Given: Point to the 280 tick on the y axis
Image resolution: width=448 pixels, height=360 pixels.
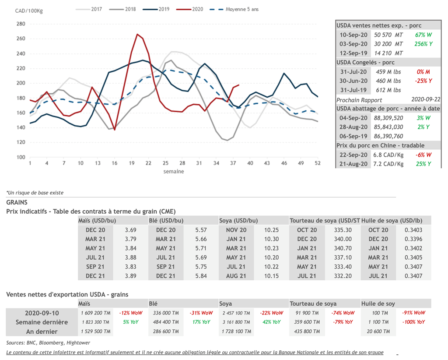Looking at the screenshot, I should (x=21, y=24).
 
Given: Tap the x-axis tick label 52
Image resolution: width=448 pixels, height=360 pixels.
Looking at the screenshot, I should (x=318, y=163).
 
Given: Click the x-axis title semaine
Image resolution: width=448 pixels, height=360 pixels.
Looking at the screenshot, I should (x=174, y=171).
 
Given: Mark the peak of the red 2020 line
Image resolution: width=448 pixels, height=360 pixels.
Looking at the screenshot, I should (x=137, y=34).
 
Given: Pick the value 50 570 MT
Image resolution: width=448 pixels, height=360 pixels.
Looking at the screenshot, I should (x=388, y=34).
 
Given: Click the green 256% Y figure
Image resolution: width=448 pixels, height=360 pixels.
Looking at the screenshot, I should (x=423, y=44).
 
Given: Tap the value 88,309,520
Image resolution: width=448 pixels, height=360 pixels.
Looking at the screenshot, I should (x=388, y=118).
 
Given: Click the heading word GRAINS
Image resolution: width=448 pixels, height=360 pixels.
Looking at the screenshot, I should (x=17, y=202).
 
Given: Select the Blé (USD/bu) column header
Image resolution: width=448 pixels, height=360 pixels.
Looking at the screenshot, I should (x=166, y=220).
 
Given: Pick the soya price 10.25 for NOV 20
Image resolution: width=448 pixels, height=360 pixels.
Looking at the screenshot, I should (x=271, y=230).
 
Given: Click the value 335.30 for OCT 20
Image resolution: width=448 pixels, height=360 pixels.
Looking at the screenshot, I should (x=343, y=230).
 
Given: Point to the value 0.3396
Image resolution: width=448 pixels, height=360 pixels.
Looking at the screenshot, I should (x=413, y=239).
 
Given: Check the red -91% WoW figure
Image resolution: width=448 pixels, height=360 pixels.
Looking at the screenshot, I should (x=413, y=313).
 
